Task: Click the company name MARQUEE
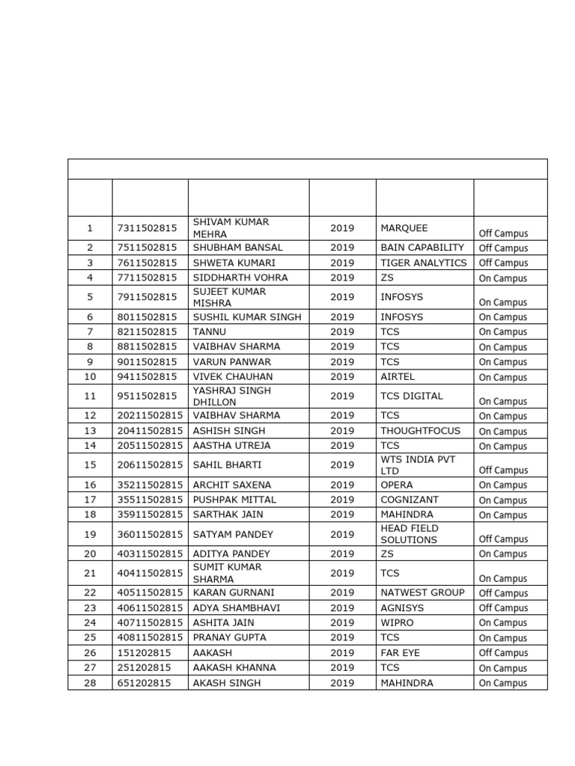[x=404, y=227]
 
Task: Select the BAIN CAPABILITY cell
[x=422, y=248]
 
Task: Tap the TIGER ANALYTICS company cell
[x=423, y=263]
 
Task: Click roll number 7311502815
[x=147, y=227]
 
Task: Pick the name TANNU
[x=210, y=331]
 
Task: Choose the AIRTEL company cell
[x=398, y=376]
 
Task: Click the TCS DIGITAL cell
[x=412, y=396]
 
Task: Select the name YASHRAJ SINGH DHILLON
[x=232, y=396]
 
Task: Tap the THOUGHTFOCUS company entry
[x=420, y=430]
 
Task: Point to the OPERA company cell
[x=396, y=484]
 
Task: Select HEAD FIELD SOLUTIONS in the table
[x=410, y=533]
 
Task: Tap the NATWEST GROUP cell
[x=422, y=592]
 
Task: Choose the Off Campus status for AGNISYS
[x=503, y=608]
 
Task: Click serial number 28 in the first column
[x=90, y=683]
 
